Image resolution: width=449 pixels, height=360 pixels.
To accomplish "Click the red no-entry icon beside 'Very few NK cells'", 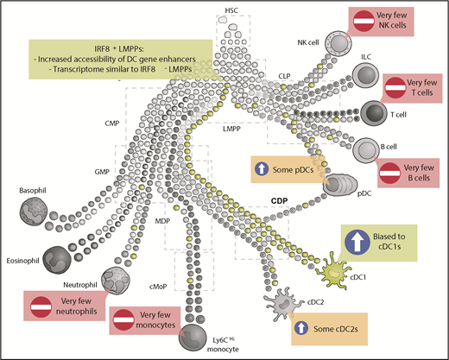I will [x=365, y=20].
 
